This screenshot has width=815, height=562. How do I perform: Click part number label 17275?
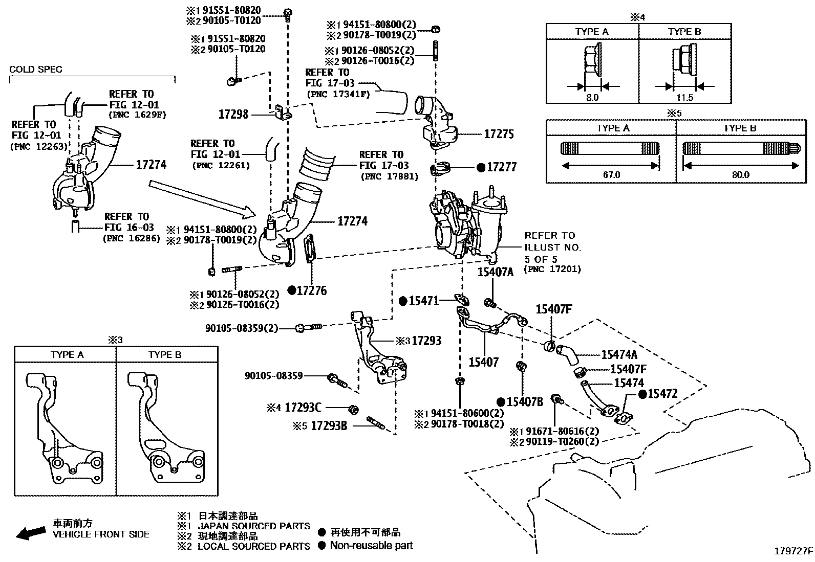[x=499, y=134]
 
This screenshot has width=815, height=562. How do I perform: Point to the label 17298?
[x=233, y=115]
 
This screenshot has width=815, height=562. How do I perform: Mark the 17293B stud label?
[x=329, y=425]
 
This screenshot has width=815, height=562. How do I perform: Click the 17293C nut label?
[x=303, y=408]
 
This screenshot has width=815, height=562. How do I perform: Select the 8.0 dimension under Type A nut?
[x=592, y=97]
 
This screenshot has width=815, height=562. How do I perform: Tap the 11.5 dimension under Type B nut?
[x=684, y=97]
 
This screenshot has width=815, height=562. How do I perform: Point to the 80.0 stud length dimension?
[x=740, y=174]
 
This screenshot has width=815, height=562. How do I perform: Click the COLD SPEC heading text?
[x=36, y=70]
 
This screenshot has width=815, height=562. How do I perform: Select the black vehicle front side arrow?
[x=30, y=533]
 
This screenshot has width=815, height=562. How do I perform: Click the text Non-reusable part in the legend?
[x=371, y=545]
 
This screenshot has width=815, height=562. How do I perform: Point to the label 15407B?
[x=525, y=402]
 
